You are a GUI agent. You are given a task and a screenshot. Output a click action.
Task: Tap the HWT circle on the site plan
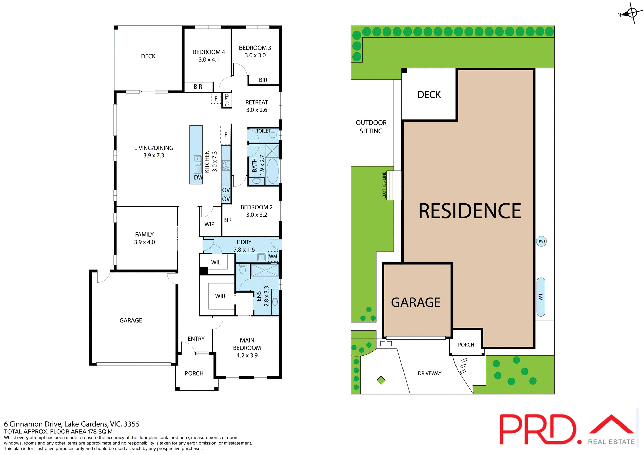(x=541, y=241)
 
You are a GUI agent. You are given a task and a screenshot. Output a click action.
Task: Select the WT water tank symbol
(x=541, y=297)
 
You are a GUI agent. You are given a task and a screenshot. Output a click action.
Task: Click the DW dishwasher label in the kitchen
(x=198, y=178)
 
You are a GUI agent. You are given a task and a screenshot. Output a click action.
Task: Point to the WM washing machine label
(x=273, y=257)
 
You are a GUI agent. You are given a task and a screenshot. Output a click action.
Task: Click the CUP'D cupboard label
(x=227, y=100)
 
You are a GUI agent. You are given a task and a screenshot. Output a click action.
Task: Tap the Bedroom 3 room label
(x=255, y=52)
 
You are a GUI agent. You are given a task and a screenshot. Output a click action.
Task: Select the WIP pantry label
(x=209, y=224)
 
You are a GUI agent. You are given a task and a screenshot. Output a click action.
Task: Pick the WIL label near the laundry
(x=216, y=262)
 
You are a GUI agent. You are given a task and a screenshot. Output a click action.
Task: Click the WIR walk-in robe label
(x=220, y=296)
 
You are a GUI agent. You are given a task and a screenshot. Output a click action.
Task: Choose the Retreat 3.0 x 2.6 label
(x=257, y=106)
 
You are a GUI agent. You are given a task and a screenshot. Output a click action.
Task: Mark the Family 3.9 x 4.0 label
(x=144, y=238)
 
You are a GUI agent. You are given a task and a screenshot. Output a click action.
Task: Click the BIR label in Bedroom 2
(x=227, y=220)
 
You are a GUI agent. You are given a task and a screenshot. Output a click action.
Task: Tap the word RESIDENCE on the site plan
(x=470, y=211)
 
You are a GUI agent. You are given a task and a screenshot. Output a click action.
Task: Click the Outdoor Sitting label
(x=371, y=127)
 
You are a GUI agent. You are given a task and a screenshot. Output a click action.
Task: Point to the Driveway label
(x=429, y=373)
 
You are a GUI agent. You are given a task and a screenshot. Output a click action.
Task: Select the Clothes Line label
(x=384, y=185)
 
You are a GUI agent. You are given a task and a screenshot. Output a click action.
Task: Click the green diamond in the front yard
(x=381, y=380)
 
